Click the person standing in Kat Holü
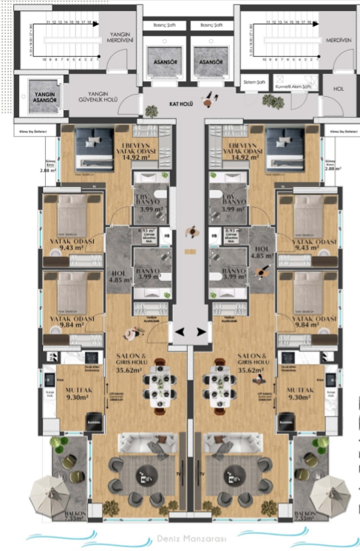coord(212,96)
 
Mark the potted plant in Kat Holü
coord(152,111)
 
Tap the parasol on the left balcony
coord(50,492)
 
